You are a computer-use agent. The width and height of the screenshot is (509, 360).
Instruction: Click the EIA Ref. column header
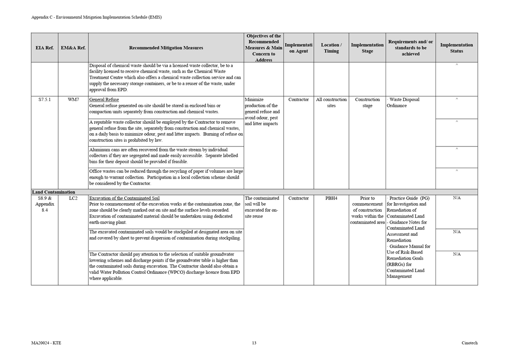[x=44, y=48]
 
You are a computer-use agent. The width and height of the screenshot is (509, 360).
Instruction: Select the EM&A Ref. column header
[x=73, y=48]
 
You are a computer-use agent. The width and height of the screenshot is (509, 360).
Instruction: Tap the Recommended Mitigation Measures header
[x=166, y=48]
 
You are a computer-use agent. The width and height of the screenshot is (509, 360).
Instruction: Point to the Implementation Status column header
[x=456, y=48]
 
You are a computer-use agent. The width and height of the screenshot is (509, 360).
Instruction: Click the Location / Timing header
[x=331, y=48]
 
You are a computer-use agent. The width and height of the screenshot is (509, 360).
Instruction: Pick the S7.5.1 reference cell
[x=44, y=100]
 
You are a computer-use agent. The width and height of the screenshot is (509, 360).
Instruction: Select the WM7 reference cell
[x=73, y=100]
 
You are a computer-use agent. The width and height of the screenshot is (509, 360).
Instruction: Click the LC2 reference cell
[x=73, y=199]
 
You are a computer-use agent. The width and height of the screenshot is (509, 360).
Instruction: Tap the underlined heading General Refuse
[x=104, y=100]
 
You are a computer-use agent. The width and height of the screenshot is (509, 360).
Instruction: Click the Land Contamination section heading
[x=54, y=192]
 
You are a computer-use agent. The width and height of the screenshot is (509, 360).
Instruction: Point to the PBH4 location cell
[x=331, y=199]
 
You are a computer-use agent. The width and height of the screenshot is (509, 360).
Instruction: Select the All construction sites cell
[x=331, y=102]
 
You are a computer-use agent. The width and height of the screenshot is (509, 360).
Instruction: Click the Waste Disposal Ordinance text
[x=404, y=102]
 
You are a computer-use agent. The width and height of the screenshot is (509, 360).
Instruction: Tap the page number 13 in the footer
[x=254, y=343]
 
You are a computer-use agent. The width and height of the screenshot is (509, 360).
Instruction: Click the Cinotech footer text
[x=470, y=343]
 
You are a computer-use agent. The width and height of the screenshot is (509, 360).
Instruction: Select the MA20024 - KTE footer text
[x=46, y=343]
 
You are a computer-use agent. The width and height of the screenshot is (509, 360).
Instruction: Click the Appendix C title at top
[x=96, y=17]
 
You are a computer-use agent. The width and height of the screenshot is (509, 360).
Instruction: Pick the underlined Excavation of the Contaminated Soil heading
[x=124, y=199]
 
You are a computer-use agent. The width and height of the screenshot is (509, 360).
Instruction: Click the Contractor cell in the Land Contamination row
[x=299, y=199]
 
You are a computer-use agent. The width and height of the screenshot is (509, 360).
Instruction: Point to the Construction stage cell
[x=367, y=102]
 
